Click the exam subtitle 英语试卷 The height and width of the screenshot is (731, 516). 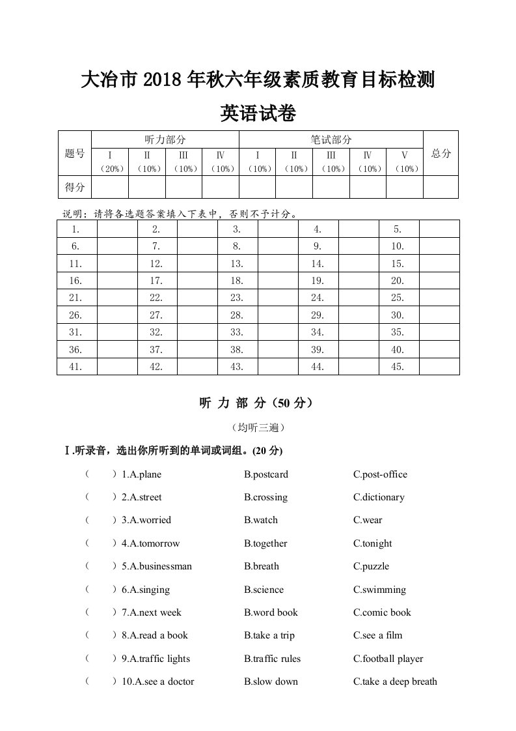[258, 113]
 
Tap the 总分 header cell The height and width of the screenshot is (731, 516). [441, 153]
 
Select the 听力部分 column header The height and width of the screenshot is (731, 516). [165, 139]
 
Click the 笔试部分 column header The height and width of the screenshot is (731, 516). [331, 139]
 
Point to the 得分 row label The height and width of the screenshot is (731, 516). [74, 187]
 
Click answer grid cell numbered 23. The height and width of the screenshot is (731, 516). [237, 298]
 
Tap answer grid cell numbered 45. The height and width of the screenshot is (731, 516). [398, 367]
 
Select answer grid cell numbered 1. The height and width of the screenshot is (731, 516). [76, 229]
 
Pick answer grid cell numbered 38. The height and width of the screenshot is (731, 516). [237, 350]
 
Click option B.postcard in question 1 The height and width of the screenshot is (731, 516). [266, 474]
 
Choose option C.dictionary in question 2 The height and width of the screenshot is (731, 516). [379, 497]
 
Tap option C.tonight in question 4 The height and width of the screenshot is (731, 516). [373, 543]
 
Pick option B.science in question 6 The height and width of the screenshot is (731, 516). [264, 590]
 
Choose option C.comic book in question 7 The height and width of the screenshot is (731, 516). [382, 612]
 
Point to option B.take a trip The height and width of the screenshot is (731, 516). [269, 635]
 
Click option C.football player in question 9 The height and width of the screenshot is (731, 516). [388, 659]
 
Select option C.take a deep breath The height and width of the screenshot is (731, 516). [395, 681]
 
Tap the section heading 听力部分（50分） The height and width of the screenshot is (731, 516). [258, 403]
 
